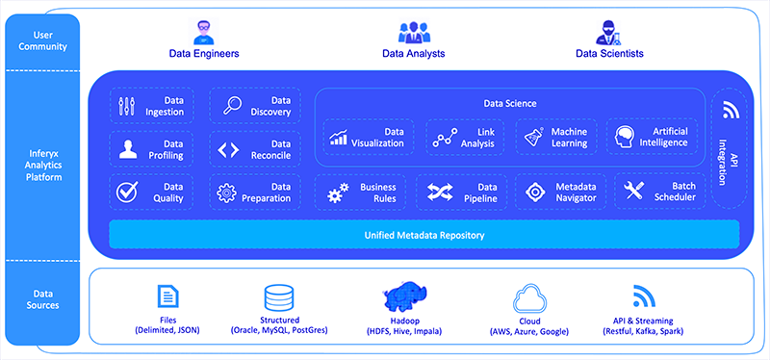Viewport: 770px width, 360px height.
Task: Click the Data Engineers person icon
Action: (203, 30)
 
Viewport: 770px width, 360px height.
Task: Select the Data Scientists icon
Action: (609, 30)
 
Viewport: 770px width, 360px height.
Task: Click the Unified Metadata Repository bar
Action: (423, 235)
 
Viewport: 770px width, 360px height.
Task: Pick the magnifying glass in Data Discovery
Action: (232, 105)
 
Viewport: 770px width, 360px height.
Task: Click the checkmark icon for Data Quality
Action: (128, 192)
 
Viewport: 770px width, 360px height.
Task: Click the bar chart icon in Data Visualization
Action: (339, 138)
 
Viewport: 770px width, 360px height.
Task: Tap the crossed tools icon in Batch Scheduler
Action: (633, 192)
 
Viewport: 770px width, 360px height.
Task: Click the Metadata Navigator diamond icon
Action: (536, 192)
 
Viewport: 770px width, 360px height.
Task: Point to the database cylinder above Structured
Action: (279, 295)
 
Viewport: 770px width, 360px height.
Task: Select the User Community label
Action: (41, 41)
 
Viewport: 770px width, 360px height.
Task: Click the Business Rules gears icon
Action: (338, 193)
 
